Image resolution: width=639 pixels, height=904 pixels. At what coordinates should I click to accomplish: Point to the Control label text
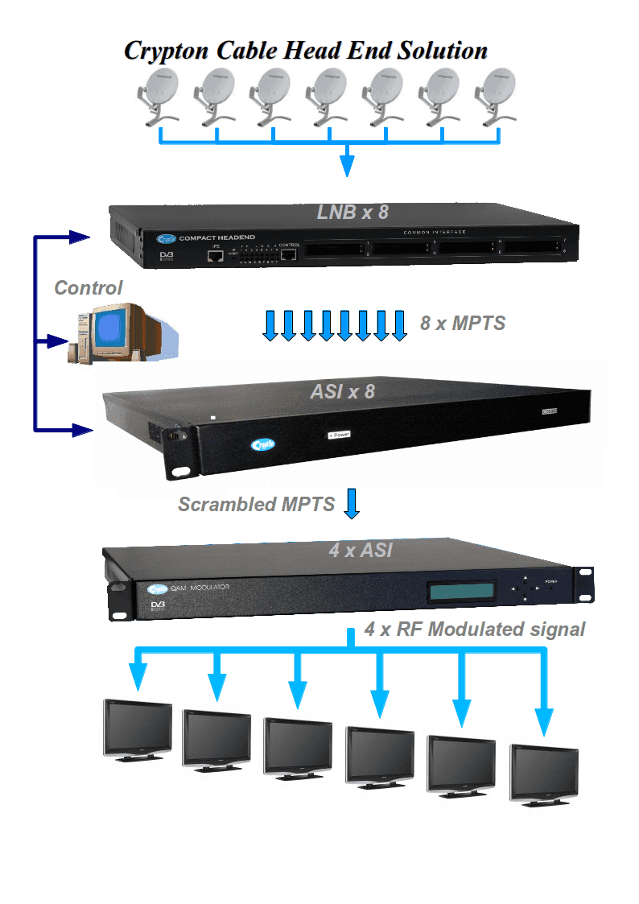pos(89,287)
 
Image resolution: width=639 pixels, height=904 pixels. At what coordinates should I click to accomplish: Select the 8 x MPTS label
pos(462,324)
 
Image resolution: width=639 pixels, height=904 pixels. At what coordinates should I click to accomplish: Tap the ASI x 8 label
pos(342,392)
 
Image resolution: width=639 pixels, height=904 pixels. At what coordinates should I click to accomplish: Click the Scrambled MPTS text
pos(256,505)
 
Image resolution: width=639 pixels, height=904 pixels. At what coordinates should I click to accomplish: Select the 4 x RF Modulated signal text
pos(475,629)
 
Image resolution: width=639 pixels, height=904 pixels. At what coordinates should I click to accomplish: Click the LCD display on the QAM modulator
pos(461,592)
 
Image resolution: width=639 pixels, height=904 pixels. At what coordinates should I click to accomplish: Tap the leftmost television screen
pos(138,726)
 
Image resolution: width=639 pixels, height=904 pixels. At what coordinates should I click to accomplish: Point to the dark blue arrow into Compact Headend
pos(77,237)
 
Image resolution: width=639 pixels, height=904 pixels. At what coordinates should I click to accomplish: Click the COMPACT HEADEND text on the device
pos(216,237)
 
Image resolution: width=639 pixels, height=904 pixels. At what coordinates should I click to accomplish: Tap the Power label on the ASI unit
pos(339,435)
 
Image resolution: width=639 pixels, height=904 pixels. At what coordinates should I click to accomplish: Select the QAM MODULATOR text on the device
pos(193,588)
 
